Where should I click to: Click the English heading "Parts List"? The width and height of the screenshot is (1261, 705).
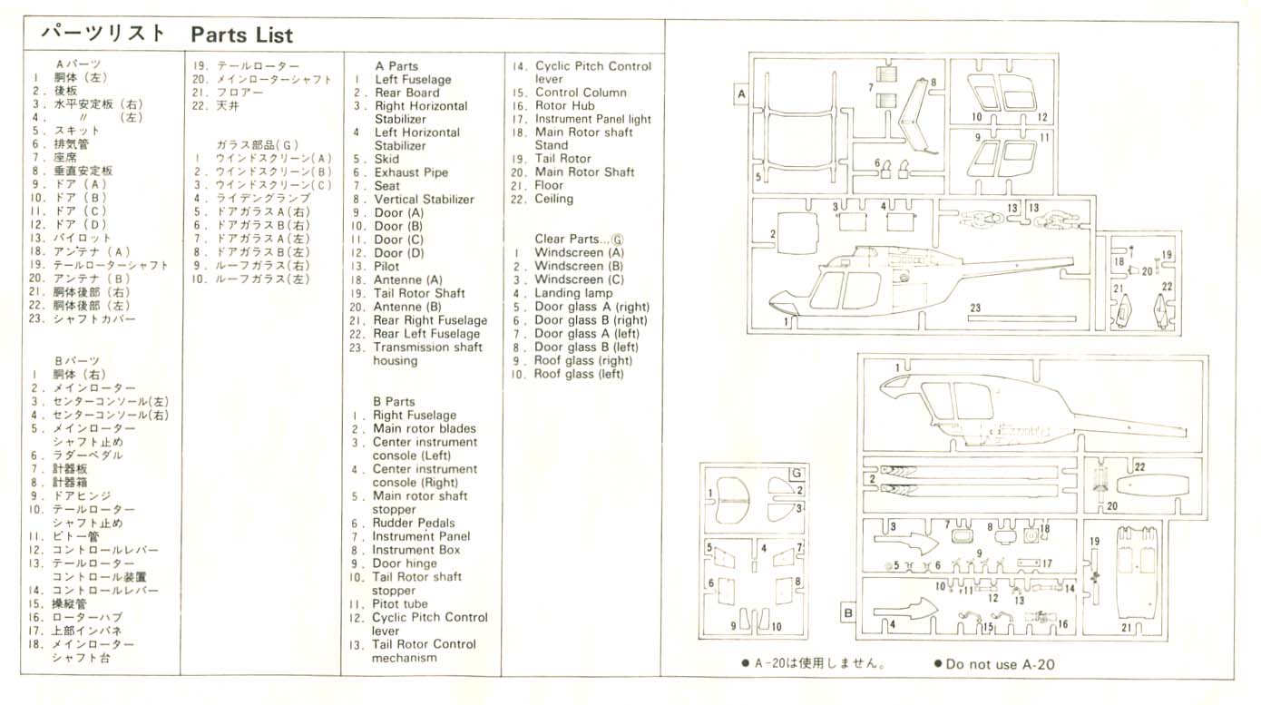tap(241, 35)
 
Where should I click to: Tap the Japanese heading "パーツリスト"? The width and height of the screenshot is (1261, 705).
tap(103, 34)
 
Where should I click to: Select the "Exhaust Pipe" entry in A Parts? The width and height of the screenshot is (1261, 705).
tap(411, 172)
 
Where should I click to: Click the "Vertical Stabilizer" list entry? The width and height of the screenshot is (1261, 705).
tap(424, 200)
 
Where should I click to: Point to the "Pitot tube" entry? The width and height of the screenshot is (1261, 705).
tap(399, 604)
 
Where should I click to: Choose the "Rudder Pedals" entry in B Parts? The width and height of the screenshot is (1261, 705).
tap(413, 524)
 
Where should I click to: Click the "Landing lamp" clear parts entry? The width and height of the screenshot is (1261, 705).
tap(571, 294)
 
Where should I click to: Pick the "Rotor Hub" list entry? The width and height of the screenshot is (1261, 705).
tap(564, 106)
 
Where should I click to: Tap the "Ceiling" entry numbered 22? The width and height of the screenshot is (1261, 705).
tap(553, 200)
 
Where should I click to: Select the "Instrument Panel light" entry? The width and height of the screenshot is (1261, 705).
tap(592, 120)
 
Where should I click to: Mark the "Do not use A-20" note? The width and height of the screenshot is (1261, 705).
tap(1000, 664)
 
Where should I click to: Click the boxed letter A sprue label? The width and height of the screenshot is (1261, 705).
tap(741, 93)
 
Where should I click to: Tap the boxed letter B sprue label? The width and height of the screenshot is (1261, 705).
tap(848, 612)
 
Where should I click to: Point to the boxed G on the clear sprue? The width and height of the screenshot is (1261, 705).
tap(797, 474)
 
